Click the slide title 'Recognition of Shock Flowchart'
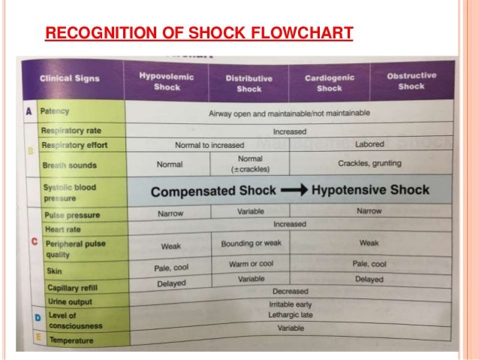click(x=199, y=34)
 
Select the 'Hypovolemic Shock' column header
click(x=167, y=81)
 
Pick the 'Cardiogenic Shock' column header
click(x=328, y=83)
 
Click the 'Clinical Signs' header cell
click(x=69, y=81)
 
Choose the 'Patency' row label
click(x=55, y=110)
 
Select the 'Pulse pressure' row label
click(x=72, y=216)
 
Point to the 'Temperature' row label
click(x=71, y=340)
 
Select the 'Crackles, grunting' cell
click(x=369, y=163)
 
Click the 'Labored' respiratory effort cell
click(x=369, y=144)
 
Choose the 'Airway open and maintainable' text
click(x=289, y=113)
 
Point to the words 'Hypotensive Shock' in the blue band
click(x=370, y=190)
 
